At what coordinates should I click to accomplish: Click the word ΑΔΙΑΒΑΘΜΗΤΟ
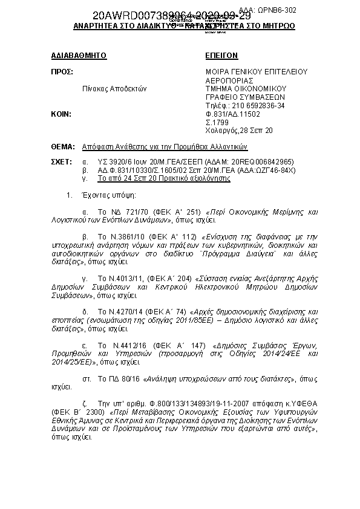79,56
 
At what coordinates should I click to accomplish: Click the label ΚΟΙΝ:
62,114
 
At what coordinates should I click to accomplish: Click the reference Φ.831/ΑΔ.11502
233,114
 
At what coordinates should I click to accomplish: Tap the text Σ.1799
216,122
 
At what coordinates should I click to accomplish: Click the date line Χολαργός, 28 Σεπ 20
239,130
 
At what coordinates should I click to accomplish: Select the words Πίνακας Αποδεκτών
115,88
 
